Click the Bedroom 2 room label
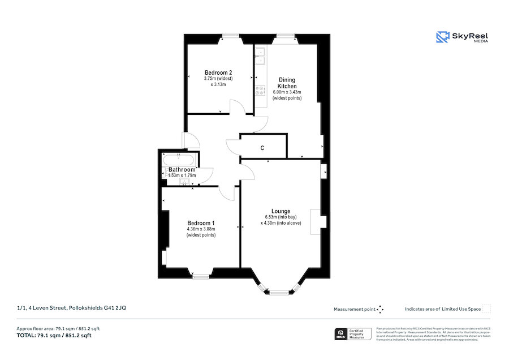coord(218,72)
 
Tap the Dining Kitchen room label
coord(287,83)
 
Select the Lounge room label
coord(281,211)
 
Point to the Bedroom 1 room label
coord(201,223)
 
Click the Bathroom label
coord(182,170)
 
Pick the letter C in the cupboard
coord(262,148)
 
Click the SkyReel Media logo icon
coord(442,37)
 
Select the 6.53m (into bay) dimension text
coord(281,217)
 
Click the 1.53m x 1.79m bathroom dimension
coord(182,175)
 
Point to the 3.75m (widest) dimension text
coord(218,79)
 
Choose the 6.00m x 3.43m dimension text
coord(287,92)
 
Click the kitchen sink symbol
coord(260,54)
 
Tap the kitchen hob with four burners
coord(261,90)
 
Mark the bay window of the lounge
coord(277,292)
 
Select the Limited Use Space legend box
coord(486,308)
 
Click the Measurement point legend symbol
coord(380,309)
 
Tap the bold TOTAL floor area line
coord(54,336)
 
